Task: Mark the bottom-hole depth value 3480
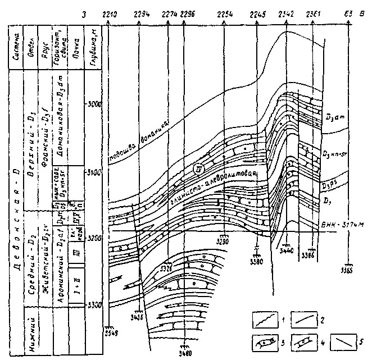point(185,354)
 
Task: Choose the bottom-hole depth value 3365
point(349,271)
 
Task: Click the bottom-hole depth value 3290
point(225,241)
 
